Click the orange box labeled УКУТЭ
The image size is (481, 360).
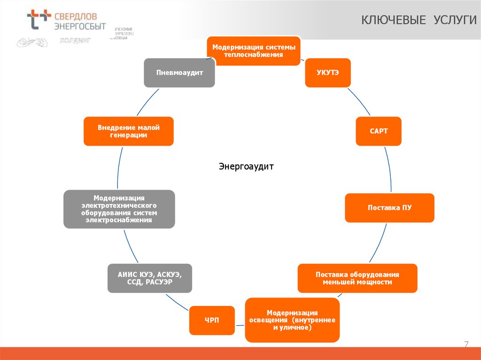tap(327, 73)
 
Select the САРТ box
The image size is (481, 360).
tap(379, 131)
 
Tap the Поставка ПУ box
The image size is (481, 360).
tap(389, 207)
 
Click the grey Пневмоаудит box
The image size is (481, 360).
tap(179, 73)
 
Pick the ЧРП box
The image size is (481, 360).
tap(211, 321)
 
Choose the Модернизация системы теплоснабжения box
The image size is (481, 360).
tap(254, 51)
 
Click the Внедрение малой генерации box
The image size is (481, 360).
tap(129, 131)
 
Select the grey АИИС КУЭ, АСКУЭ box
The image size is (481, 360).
tap(149, 278)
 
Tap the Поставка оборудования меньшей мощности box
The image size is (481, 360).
tap(357, 278)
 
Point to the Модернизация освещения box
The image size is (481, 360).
tap(292, 320)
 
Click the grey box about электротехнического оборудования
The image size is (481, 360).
tap(119, 209)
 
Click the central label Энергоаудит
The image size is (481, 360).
tap(246, 167)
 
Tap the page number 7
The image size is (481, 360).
tap(466, 345)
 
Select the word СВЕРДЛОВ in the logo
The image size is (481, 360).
tap(78, 15)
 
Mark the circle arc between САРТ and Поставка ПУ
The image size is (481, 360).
tap(389, 169)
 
